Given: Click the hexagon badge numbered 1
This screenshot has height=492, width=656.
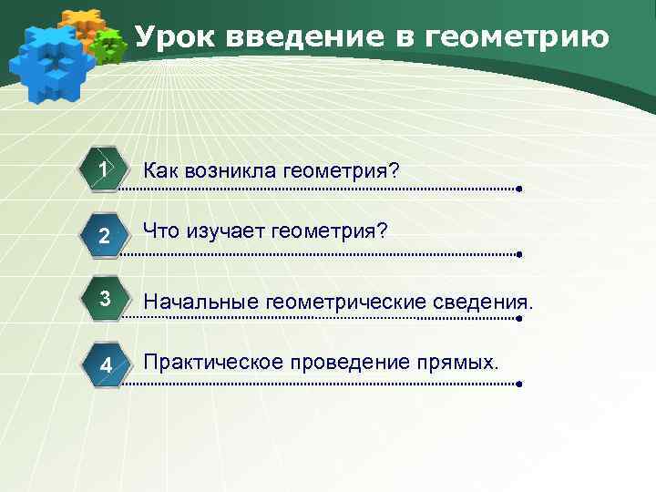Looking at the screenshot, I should click(106, 171).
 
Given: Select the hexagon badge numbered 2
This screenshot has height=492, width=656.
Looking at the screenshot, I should click(106, 236).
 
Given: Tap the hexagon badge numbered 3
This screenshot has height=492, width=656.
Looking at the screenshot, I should click(106, 300).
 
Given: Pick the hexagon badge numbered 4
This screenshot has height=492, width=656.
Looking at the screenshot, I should click(106, 364).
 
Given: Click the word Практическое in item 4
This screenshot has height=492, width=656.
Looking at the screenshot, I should click(213, 363).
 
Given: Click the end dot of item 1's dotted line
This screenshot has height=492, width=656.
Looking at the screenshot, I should click(518, 190).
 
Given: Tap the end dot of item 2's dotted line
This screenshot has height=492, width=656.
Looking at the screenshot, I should click(518, 255).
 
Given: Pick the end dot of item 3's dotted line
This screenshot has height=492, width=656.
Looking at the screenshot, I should click(518, 319).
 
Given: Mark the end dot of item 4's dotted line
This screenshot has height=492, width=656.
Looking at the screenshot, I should click(518, 384).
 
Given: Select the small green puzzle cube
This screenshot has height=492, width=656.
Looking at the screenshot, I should click(110, 46).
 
